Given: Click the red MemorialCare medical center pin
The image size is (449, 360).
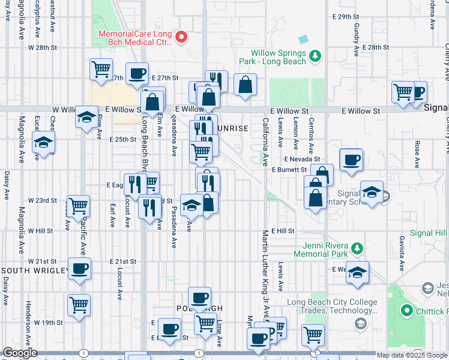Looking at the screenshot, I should click(x=183, y=37).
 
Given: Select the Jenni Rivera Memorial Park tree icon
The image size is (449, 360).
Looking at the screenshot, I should click(x=357, y=248).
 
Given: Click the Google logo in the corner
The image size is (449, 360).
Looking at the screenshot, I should click(x=20, y=353).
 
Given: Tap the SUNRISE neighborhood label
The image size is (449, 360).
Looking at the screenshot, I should click(x=231, y=128).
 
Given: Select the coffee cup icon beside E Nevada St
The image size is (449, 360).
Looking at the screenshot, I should click(x=351, y=160).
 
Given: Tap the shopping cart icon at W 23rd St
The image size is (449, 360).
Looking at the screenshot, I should click(x=79, y=206).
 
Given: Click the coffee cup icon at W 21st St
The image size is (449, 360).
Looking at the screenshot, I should click(x=79, y=268).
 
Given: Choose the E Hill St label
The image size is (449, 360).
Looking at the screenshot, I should click(x=282, y=231).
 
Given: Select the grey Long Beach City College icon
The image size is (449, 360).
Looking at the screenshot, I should click(x=361, y=324).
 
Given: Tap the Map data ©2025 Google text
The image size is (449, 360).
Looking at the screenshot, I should click(x=411, y=355).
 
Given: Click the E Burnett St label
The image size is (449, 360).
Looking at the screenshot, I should click(x=289, y=170).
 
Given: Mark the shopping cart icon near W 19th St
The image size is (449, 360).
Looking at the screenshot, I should click(x=79, y=305).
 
